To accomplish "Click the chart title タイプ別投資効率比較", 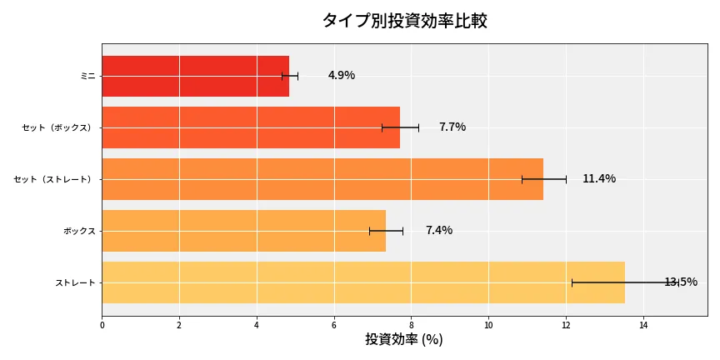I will (404, 21).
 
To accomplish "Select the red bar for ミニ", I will (195, 76).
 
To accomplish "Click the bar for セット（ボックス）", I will (250, 127).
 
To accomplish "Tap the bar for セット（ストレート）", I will (322, 179).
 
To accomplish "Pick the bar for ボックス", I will (243, 231).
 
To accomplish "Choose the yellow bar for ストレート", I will (362, 282).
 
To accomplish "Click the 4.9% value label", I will (341, 75).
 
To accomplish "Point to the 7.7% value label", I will (452, 127).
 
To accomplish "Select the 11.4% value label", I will (598, 178).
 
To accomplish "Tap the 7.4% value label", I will (438, 230).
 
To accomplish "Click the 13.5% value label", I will (680, 282).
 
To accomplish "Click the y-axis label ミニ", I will (87, 76).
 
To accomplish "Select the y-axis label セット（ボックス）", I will (58, 127).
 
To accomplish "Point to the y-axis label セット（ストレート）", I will (55, 179).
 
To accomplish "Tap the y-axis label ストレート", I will (75, 282).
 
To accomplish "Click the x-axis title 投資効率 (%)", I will (404, 340).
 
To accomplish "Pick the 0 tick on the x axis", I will (102, 325).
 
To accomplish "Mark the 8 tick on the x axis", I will (412, 325).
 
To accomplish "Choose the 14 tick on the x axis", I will (643, 325).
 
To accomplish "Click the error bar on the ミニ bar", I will (290, 76).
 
